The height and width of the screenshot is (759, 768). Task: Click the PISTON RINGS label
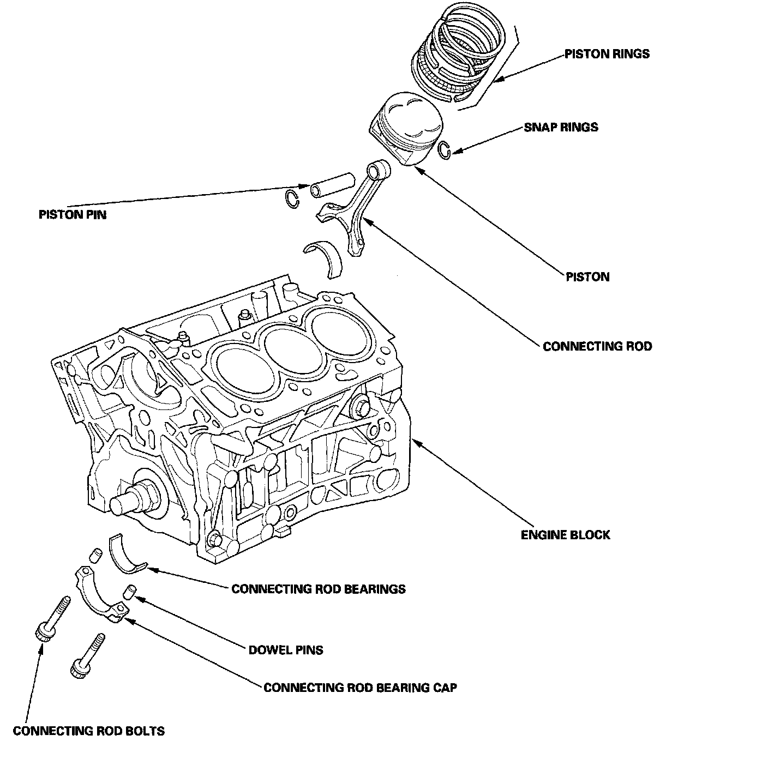coord(607,54)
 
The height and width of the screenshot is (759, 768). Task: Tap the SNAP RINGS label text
coord(561,127)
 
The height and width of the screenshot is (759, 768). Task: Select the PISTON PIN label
coord(73,215)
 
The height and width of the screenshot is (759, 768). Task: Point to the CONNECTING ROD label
coord(597,346)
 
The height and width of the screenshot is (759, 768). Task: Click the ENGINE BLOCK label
coord(565,535)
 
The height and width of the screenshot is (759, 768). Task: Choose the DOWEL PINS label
coord(286,650)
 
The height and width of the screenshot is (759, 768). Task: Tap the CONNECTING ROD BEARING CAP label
coord(361,688)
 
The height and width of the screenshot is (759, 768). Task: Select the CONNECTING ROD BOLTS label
coord(88,731)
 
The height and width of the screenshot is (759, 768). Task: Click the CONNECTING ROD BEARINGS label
coord(319,589)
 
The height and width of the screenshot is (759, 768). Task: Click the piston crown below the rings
coord(406,128)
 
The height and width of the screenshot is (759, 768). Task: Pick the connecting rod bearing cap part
coord(101,594)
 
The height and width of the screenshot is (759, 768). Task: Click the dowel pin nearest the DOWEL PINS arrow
coord(129,592)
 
